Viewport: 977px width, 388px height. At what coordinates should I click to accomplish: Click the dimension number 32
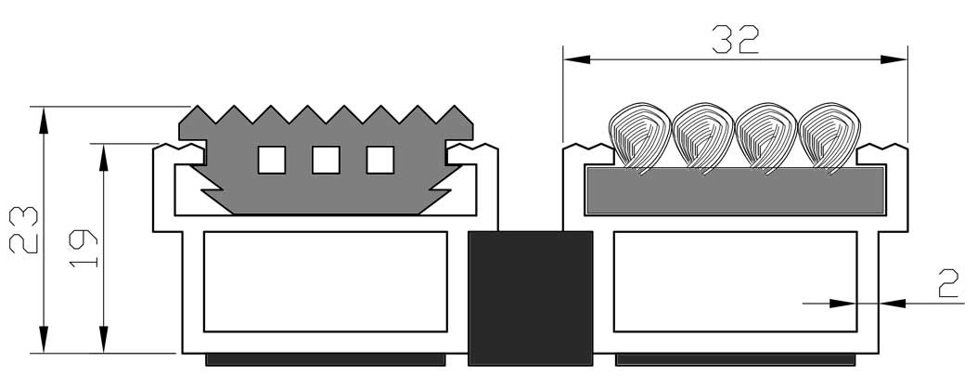(735, 39)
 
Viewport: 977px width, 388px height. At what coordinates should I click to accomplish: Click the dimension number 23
(24, 229)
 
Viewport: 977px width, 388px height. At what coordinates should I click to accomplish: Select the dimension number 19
(83, 248)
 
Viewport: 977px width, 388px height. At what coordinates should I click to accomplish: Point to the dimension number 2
(948, 284)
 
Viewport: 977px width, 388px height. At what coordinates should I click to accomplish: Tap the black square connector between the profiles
(530, 298)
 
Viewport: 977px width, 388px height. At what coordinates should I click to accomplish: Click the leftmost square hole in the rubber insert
(272, 160)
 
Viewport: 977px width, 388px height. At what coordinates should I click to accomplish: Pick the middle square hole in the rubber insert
(326, 160)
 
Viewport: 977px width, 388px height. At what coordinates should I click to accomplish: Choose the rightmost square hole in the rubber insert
(380, 160)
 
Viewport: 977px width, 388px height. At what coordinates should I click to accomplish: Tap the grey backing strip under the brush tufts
(735, 190)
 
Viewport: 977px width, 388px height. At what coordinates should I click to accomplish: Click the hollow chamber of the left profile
(326, 281)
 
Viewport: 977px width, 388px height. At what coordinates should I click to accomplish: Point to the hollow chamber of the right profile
(735, 281)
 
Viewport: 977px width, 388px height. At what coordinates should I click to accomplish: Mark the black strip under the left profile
(326, 359)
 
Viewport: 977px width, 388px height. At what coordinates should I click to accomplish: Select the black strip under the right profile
(735, 359)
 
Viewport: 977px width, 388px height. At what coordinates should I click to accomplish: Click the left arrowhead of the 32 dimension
(576, 59)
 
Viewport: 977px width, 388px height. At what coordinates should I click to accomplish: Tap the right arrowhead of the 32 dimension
(894, 59)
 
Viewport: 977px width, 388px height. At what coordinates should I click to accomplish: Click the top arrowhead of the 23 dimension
(43, 120)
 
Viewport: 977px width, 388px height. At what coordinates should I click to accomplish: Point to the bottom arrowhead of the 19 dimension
(103, 340)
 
